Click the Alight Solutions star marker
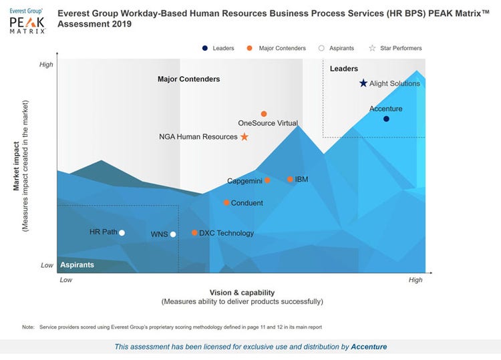(x=363, y=83)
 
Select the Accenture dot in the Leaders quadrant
(x=386, y=119)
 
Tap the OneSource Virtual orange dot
(x=264, y=114)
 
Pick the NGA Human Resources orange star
(x=244, y=137)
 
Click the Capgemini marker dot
(x=267, y=180)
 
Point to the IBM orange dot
(x=290, y=180)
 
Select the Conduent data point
(x=226, y=203)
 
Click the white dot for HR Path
(x=122, y=232)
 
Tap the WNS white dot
(x=173, y=234)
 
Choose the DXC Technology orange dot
(x=194, y=233)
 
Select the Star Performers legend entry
(x=398, y=48)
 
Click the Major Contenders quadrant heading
(x=188, y=79)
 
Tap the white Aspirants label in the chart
(x=77, y=265)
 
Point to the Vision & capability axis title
(x=242, y=293)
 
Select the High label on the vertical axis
(x=46, y=65)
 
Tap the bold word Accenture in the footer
(x=369, y=347)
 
